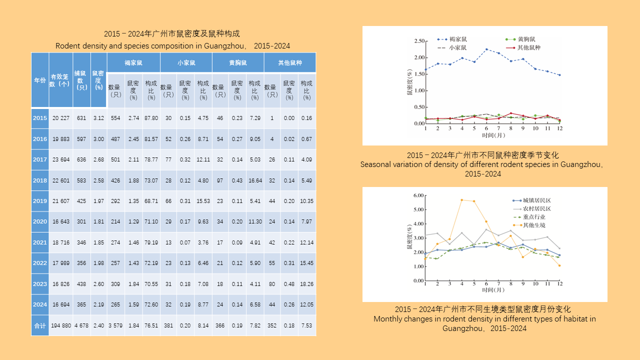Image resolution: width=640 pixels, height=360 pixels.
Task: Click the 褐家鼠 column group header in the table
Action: click(133, 63)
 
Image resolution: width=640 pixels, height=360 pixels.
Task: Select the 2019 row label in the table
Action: click(40, 201)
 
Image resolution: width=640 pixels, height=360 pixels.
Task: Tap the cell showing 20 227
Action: click(61, 118)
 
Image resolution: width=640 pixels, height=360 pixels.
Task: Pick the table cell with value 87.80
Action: click(151, 118)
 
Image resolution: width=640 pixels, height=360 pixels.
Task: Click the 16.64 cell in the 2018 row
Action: click(255, 180)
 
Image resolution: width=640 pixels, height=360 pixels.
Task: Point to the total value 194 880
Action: click(61, 325)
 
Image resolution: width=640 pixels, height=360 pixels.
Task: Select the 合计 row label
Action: click(40, 325)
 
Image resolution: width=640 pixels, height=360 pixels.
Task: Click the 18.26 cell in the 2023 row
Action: click(307, 284)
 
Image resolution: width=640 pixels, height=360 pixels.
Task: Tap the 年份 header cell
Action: click(40, 80)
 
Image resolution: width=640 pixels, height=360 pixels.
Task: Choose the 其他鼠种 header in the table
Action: click(290, 63)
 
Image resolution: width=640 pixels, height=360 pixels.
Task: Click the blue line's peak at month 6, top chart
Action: click(486, 49)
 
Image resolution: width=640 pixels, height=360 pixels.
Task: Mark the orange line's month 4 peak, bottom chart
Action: click(462, 200)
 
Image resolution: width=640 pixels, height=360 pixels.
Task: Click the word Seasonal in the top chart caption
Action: click(376, 164)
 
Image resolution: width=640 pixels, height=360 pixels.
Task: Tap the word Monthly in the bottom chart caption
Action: click(388, 318)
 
